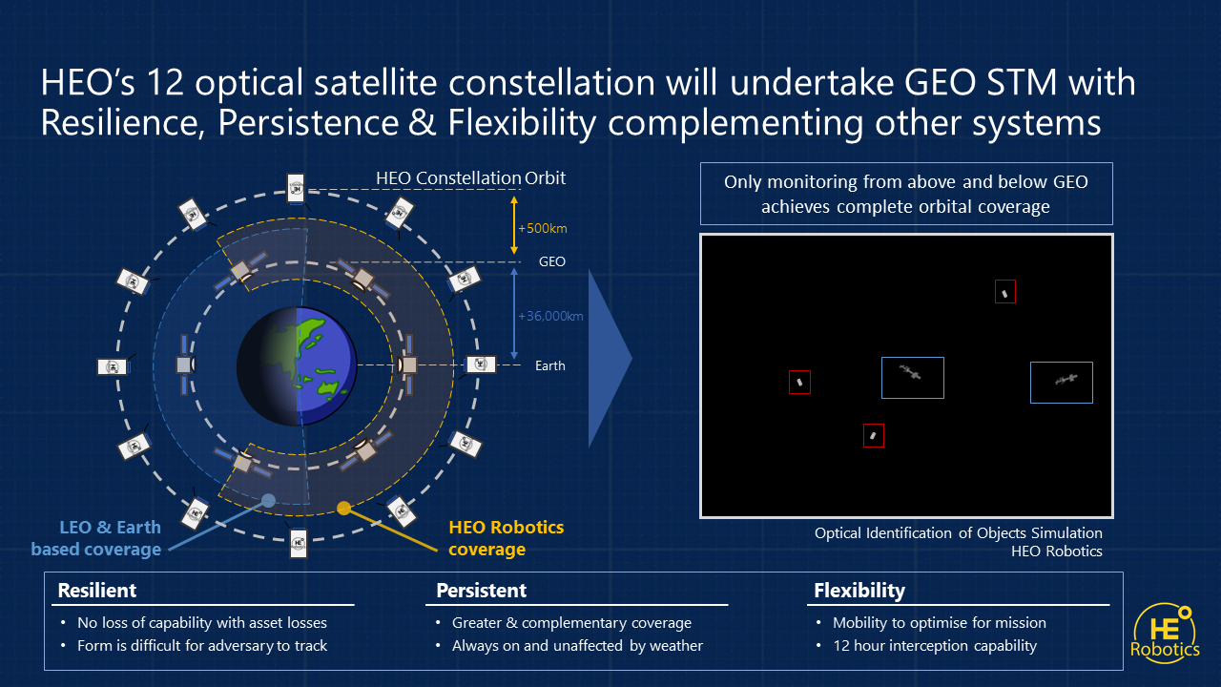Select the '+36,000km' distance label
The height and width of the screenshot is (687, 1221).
549,316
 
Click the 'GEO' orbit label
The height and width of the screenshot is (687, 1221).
551,261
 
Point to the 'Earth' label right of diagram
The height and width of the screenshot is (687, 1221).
549,365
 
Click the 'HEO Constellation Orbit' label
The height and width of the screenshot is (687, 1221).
470,178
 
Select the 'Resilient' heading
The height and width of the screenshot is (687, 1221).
97,591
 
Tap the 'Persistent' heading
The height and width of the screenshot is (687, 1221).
481,591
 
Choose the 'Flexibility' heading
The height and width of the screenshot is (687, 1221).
859,591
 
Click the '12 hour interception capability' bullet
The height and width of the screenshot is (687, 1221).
935,646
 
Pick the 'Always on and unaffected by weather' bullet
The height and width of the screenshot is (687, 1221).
577,646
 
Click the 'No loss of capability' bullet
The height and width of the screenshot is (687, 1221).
202,623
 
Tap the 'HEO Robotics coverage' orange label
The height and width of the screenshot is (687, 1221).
506,538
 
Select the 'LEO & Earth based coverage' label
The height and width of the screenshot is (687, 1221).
95,538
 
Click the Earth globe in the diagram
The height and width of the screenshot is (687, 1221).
297,365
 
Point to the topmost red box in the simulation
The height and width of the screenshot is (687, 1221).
1004,292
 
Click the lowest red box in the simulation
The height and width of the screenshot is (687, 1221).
873,435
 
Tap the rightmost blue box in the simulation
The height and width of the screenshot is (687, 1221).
1061,382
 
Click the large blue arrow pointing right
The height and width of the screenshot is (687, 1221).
610,358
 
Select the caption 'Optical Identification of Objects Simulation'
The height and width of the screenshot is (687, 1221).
958,533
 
